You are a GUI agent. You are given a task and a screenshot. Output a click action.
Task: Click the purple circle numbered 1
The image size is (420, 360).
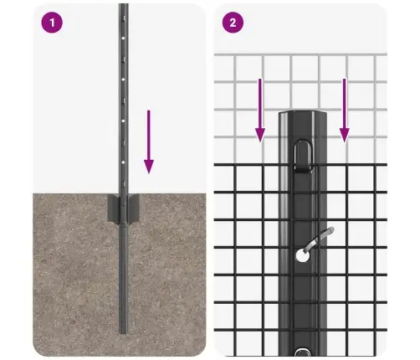click(53, 23)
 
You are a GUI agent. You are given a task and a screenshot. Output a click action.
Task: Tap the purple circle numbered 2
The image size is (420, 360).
click(232, 23)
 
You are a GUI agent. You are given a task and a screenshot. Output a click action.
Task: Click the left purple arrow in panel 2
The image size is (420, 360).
click(260, 109)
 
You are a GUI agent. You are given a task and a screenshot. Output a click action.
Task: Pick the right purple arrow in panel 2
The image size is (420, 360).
click(343, 109)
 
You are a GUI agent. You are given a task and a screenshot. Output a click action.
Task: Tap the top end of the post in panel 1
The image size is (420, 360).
click(123, 7)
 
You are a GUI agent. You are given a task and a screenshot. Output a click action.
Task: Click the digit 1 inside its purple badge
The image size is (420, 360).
click(53, 23)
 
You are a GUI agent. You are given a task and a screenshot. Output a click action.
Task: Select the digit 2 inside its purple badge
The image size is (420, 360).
click(232, 23)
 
